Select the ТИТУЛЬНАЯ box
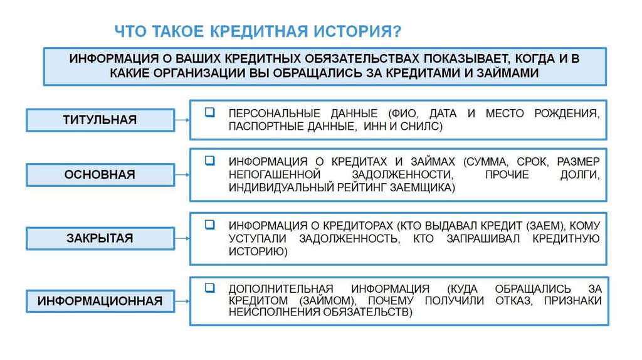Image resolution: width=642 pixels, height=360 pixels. click(x=100, y=119)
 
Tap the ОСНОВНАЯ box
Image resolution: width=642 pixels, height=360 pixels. click(x=100, y=175)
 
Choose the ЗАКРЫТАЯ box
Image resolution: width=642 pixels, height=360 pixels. click(x=100, y=238)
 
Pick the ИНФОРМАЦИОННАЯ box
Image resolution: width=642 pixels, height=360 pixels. click(x=100, y=301)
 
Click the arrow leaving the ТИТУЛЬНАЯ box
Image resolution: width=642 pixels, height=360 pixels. click(x=182, y=119)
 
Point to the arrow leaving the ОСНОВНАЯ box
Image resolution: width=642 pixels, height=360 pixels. click(x=182, y=175)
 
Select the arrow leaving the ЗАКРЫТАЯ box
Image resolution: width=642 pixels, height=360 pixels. click(x=182, y=238)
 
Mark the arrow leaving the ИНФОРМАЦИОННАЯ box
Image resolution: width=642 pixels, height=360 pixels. click(x=182, y=301)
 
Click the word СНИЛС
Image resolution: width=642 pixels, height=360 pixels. click(x=421, y=127)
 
